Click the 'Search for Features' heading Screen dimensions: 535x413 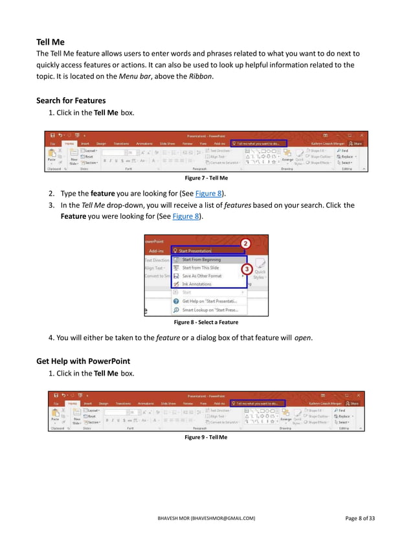click(71, 100)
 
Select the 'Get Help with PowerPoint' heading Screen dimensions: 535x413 click(83, 361)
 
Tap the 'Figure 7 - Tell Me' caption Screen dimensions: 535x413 click(206, 177)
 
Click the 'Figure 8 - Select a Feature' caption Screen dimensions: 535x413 click(206, 322)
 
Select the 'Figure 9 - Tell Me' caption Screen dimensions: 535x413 click(206, 437)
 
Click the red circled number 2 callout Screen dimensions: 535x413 click(246, 243)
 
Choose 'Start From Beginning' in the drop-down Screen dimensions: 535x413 click(201, 259)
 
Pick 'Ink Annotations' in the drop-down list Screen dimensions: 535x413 click(197, 284)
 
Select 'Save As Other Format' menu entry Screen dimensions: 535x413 click(201, 275)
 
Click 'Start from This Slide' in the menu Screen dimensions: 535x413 click(200, 267)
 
